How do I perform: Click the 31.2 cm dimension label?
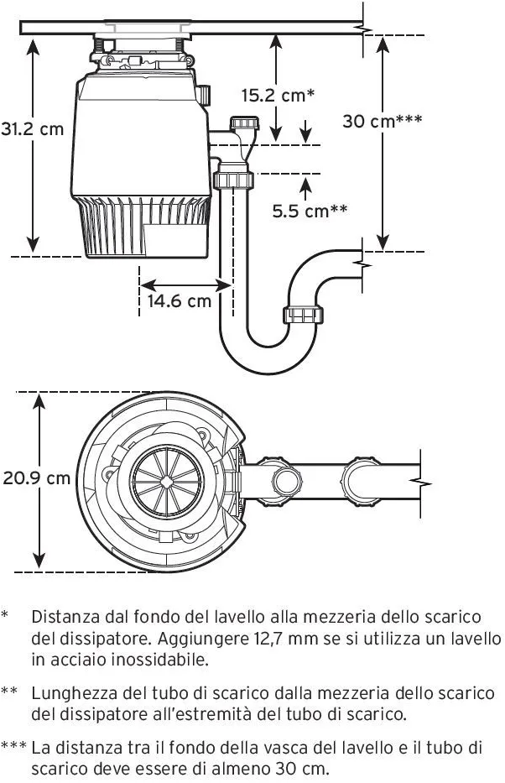pos(32,130)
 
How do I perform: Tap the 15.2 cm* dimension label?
pos(278,95)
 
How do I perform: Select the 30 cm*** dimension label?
pos(382,121)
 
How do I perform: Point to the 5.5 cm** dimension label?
pos(309,211)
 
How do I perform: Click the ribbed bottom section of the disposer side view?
pos(143,228)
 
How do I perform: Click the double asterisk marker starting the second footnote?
pos(10,694)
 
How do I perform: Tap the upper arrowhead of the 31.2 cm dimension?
pos(33,44)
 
